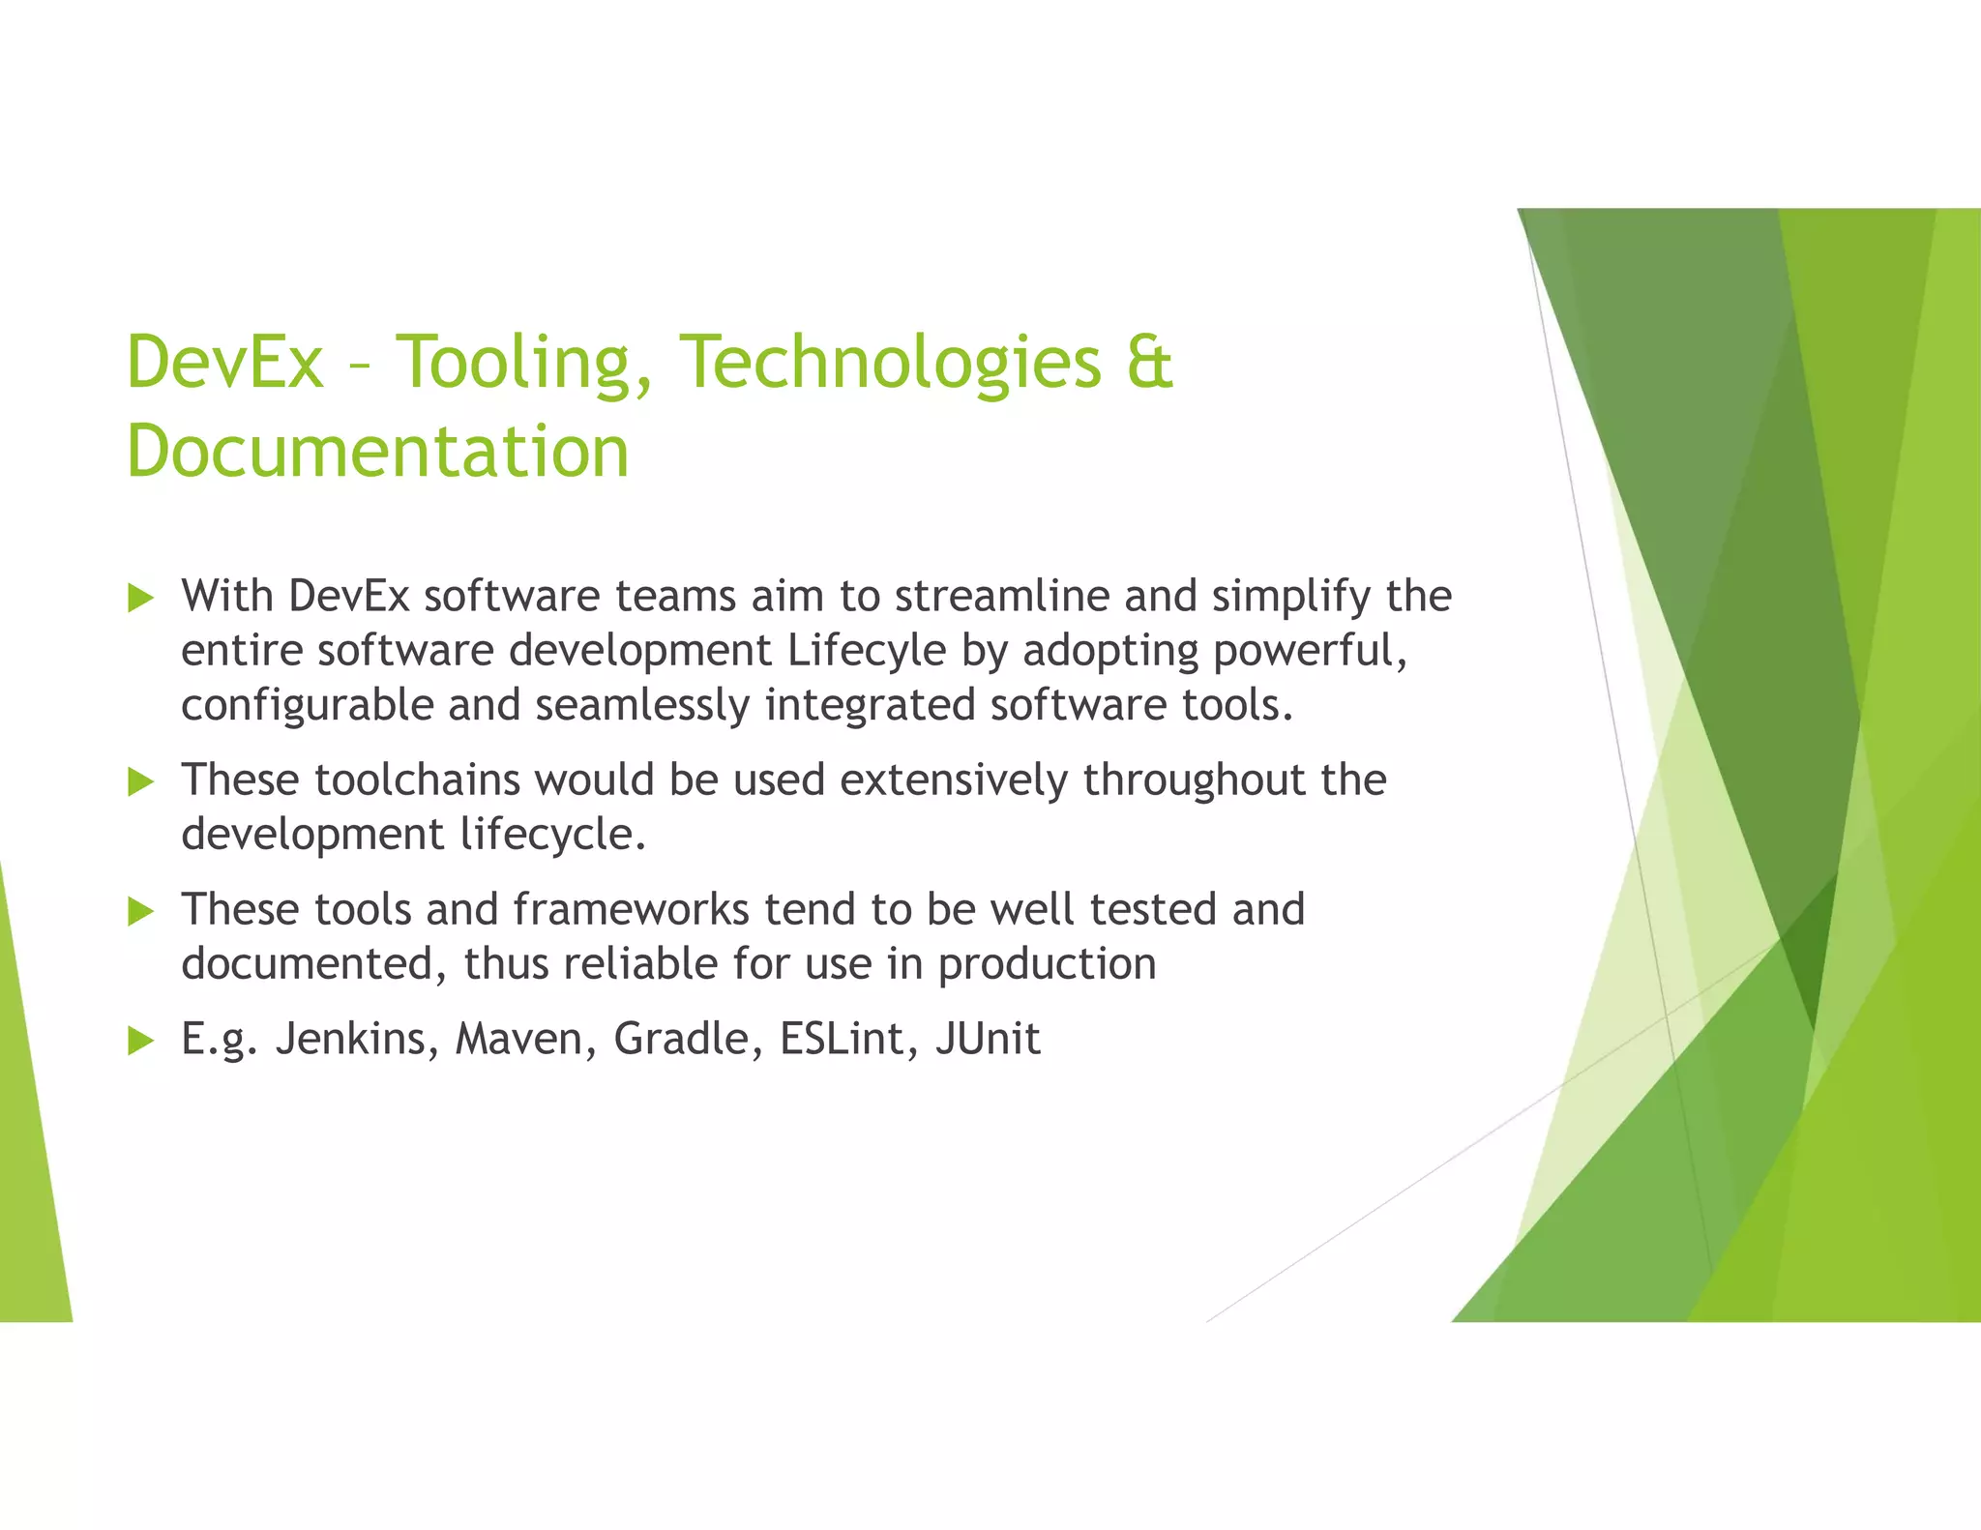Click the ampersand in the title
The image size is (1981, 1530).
1149,363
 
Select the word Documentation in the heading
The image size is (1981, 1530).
377,452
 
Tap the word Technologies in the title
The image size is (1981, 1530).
890,363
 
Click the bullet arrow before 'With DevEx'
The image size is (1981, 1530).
141,598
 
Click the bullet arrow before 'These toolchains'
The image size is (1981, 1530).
141,781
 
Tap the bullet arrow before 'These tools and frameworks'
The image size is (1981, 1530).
141,911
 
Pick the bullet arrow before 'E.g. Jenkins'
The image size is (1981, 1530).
141,1041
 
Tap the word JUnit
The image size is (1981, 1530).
988,1040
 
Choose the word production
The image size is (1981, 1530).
1047,965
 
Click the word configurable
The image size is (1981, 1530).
308,705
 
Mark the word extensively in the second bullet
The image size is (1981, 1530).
954,780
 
